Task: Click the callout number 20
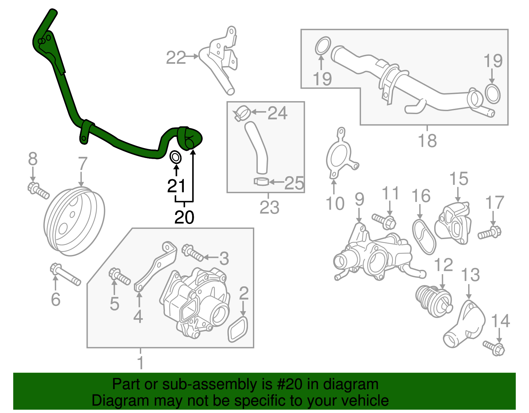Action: click(x=184, y=217)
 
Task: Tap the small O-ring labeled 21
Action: click(x=176, y=157)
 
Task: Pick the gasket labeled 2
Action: click(x=238, y=329)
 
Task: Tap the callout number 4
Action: click(x=138, y=316)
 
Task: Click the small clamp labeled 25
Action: click(x=261, y=181)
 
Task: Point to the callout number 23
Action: click(x=269, y=208)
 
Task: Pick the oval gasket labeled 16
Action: click(x=424, y=236)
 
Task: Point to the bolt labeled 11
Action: click(x=384, y=221)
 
